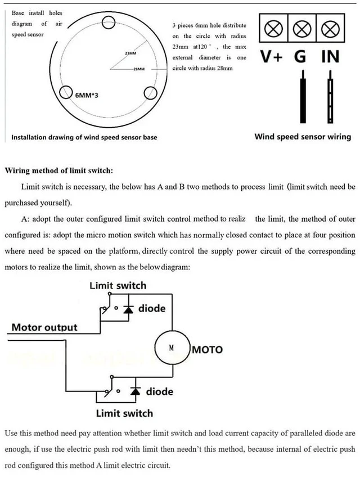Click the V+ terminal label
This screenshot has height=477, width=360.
[272, 57]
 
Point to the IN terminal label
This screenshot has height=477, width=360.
[331, 57]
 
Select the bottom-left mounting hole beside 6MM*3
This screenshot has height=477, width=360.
[66, 93]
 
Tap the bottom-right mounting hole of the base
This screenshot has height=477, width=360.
[150, 93]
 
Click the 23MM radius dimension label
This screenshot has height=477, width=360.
[130, 53]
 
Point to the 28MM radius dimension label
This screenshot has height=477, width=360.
[139, 69]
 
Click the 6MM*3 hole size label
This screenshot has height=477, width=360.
[87, 96]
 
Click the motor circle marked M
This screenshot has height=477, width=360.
[172, 348]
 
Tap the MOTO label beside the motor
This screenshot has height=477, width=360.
[208, 350]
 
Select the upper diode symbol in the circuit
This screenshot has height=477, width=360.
[128, 309]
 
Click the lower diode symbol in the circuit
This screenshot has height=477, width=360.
[136, 391]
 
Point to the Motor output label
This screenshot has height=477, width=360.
[44, 327]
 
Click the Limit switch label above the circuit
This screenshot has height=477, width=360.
[118, 286]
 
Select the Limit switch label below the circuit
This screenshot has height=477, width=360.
[124, 413]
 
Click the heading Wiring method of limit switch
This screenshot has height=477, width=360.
[58, 170]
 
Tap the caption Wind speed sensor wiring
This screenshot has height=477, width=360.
[303, 137]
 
